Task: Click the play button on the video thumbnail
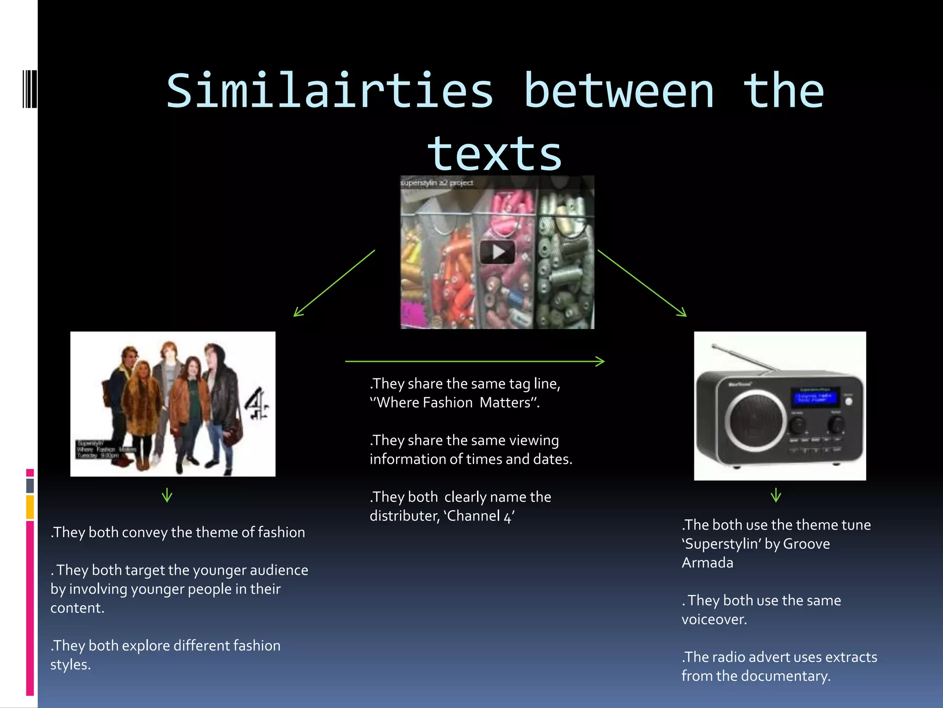pyautogui.click(x=497, y=252)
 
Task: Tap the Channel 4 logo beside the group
pyautogui.click(x=256, y=404)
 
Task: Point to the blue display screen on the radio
pyautogui.click(x=815, y=397)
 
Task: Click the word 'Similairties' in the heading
pyautogui.click(x=330, y=91)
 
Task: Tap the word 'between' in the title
pyautogui.click(x=619, y=91)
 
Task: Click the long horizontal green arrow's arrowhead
pyautogui.click(x=600, y=361)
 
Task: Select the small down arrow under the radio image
pyautogui.click(x=776, y=496)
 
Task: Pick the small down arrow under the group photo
pyautogui.click(x=167, y=496)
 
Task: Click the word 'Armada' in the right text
pyautogui.click(x=707, y=563)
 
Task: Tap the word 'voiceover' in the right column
pyautogui.click(x=713, y=619)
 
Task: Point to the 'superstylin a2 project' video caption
pyautogui.click(x=437, y=183)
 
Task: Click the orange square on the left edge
pyautogui.click(x=30, y=507)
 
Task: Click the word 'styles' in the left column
pyautogui.click(x=69, y=665)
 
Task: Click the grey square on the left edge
pyautogui.click(x=30, y=485)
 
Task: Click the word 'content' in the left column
pyautogui.click(x=76, y=608)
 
